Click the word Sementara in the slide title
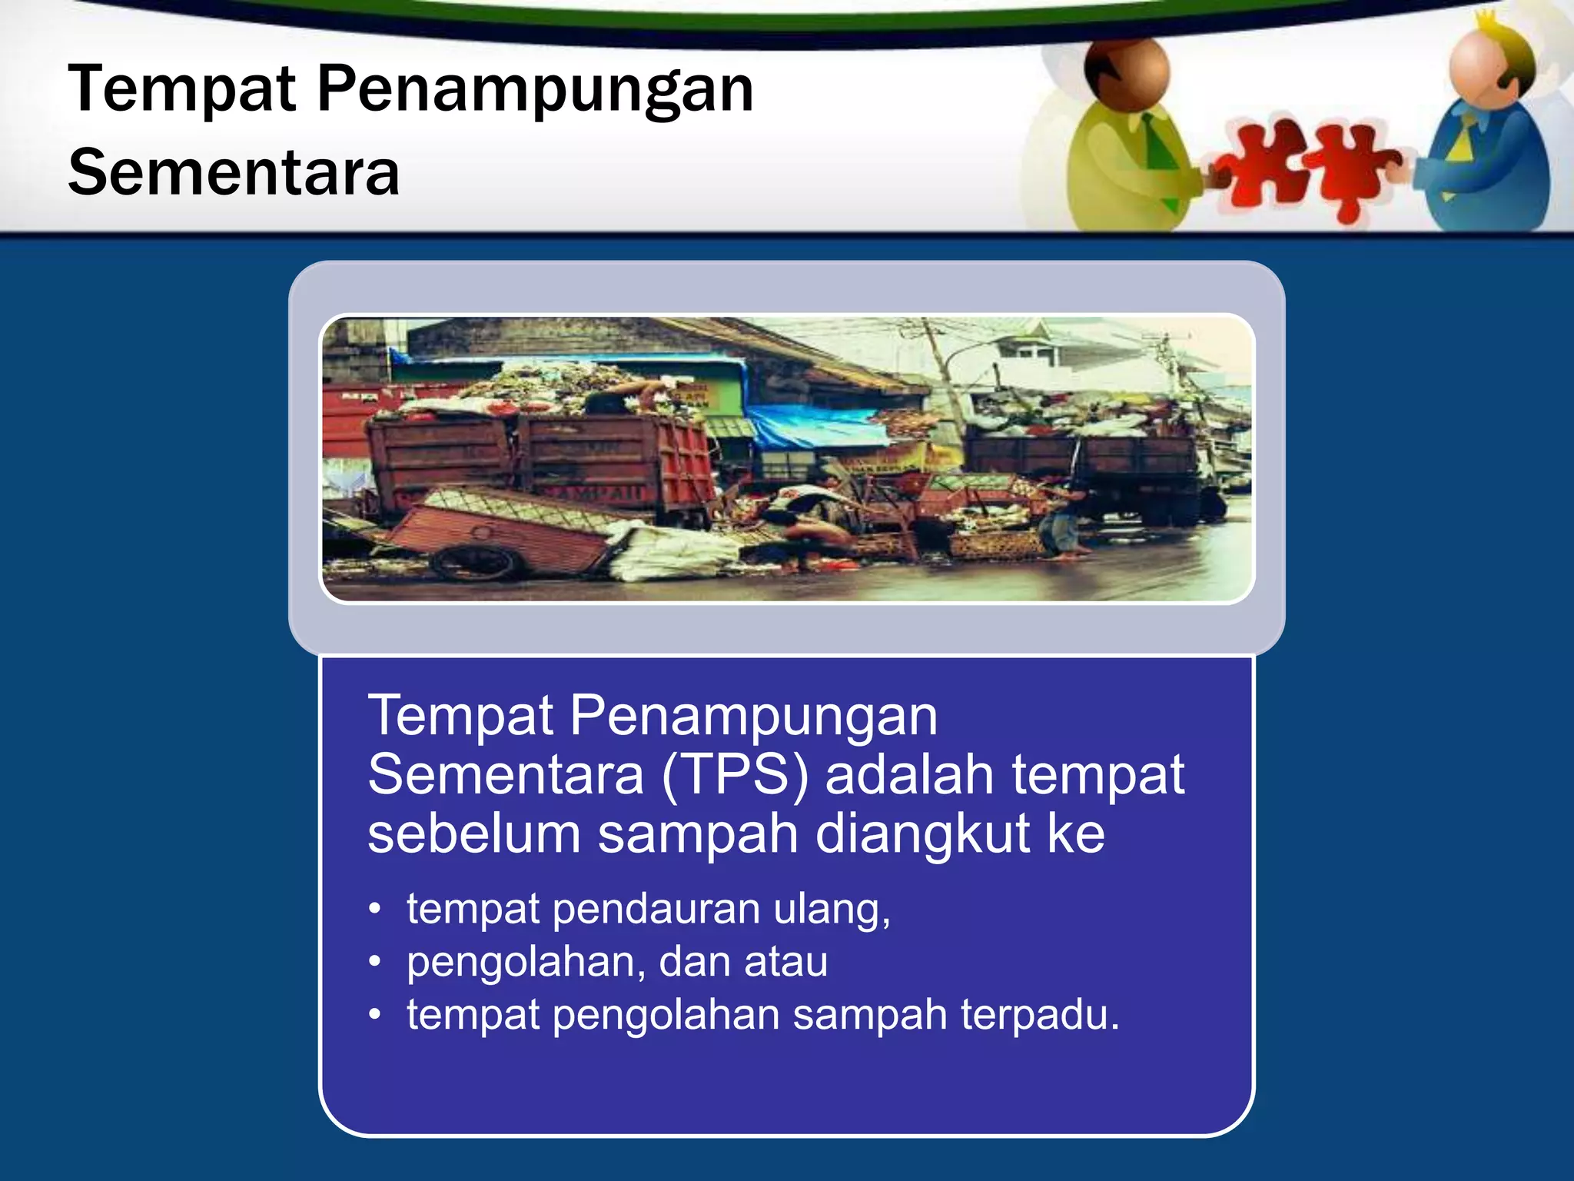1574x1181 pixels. [x=234, y=173]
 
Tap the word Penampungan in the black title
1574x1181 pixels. [x=535, y=90]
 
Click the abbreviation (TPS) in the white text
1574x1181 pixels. [x=735, y=775]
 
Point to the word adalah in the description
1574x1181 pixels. [x=909, y=775]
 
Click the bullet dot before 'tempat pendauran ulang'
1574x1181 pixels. [x=374, y=910]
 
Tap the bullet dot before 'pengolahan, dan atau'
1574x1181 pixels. [x=374, y=962]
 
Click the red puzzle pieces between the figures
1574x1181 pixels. [x=1307, y=169]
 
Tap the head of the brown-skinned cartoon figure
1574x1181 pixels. [x=1127, y=73]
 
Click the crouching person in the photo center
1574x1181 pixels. [x=807, y=531]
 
